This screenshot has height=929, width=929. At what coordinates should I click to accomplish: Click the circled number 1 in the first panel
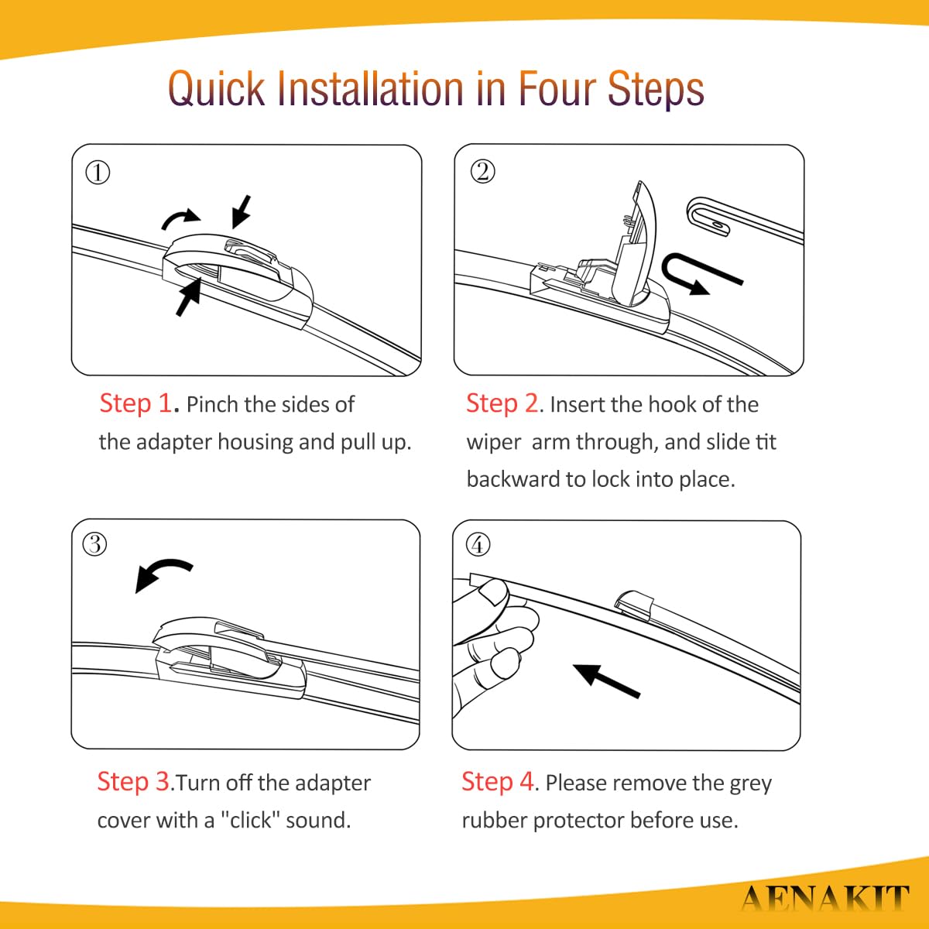(98, 173)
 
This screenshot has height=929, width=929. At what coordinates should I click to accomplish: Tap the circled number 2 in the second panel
(482, 172)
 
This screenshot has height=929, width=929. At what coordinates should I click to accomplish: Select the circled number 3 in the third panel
(95, 544)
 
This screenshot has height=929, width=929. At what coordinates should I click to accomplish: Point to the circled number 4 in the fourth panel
(478, 545)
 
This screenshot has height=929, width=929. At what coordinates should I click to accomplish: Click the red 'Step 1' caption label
(135, 403)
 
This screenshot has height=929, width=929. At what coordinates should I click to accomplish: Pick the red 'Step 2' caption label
(502, 403)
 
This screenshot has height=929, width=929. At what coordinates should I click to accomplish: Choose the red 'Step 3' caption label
(133, 781)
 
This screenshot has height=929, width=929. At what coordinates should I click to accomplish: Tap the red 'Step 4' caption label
(498, 781)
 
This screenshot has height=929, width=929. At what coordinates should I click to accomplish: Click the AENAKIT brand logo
(824, 898)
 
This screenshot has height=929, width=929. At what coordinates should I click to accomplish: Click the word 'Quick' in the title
(217, 89)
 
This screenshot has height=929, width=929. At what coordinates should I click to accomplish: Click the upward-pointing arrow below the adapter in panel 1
(189, 297)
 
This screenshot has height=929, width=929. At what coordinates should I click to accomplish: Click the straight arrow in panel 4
(606, 680)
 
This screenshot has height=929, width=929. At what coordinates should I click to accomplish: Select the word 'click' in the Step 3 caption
(251, 820)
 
